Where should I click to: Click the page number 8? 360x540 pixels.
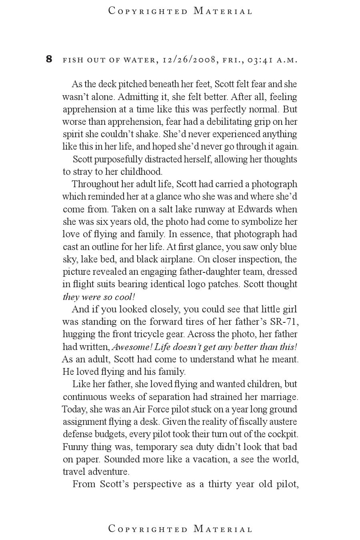[49, 59]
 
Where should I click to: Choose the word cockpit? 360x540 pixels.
[282, 434]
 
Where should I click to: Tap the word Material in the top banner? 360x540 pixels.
[223, 11]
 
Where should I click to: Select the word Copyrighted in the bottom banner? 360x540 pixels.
[148, 529]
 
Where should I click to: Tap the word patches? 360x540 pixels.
[224, 284]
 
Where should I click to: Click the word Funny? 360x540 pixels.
[75, 446]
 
